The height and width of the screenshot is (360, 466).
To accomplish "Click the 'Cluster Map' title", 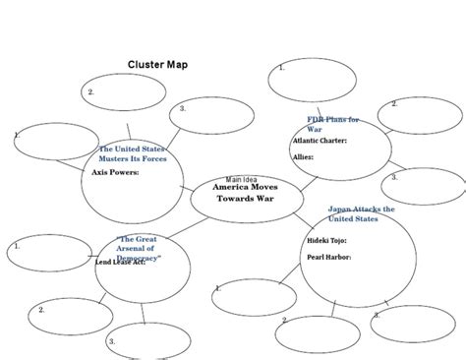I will click(x=157, y=65).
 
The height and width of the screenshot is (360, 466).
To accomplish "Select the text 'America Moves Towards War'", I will click(x=246, y=192).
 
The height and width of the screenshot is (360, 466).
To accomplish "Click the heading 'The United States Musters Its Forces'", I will click(x=133, y=153).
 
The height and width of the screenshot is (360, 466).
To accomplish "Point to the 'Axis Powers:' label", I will click(x=115, y=172).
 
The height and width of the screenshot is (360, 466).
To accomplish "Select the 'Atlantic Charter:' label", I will click(x=320, y=141).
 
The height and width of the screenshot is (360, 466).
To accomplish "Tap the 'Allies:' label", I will click(x=305, y=156).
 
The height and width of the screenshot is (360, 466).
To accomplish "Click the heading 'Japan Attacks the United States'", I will click(x=361, y=213).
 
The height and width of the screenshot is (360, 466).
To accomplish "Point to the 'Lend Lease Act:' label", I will click(x=120, y=264).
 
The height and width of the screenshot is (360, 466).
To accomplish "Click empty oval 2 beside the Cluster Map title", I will click(x=125, y=91).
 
